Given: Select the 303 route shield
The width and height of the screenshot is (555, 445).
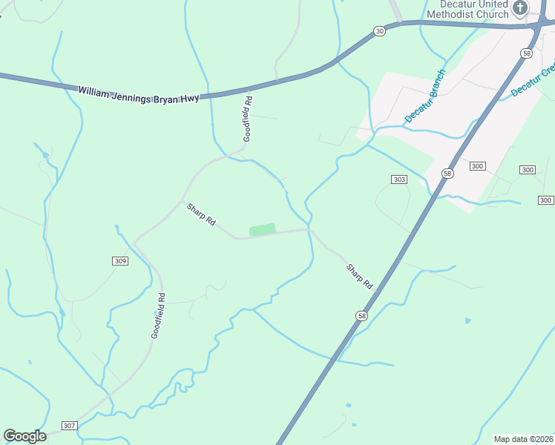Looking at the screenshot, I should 399,180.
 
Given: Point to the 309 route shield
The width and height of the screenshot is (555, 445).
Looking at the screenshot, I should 121,261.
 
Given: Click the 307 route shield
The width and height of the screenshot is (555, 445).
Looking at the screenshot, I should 69,425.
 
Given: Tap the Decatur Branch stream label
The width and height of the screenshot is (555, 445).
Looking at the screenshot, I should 424,96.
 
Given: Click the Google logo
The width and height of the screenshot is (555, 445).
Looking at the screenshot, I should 24,436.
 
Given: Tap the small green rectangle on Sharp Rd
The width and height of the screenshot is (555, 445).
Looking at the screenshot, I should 263,230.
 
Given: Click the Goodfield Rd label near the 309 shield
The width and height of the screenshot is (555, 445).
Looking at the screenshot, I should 158,315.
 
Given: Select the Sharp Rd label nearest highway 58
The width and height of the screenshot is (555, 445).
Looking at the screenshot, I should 359,277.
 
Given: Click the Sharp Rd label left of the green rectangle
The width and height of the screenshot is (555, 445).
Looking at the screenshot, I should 200,214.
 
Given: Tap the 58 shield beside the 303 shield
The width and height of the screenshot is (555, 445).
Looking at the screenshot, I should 447,173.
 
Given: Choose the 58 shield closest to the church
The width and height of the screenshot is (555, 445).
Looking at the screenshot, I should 526,53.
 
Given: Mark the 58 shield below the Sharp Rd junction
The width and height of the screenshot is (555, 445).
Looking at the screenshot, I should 361,315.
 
